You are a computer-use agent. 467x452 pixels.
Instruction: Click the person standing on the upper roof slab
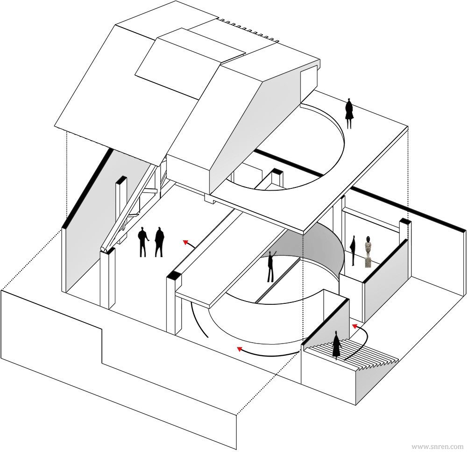(349, 114)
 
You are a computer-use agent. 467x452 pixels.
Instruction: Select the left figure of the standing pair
(143, 242)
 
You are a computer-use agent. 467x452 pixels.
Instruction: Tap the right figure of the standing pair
(159, 242)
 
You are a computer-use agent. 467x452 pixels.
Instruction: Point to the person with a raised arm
(271, 266)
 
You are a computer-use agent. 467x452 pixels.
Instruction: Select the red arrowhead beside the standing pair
(186, 242)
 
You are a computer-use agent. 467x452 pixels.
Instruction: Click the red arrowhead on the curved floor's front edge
(239, 349)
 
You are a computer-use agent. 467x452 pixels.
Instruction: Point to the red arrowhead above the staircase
(355, 326)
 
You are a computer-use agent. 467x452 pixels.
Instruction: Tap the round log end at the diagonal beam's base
(104, 249)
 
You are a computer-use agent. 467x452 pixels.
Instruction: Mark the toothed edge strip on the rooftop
(248, 29)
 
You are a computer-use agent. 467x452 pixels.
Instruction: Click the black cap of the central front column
(173, 275)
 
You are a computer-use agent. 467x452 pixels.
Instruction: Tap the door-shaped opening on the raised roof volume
(307, 86)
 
